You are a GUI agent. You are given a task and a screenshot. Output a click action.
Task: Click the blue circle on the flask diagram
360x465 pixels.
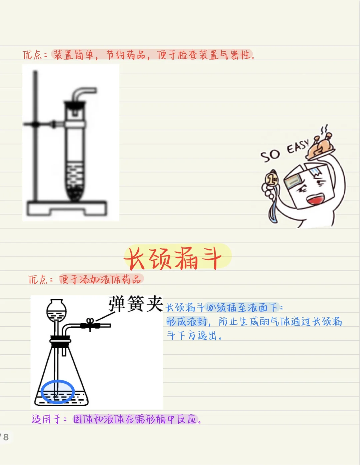point(58,392)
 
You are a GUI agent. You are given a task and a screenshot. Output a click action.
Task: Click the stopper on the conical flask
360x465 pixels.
point(60,340)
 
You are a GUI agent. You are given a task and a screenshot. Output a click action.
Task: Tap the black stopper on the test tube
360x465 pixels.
point(75,105)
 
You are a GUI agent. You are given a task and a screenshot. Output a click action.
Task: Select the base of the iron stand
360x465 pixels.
point(67,208)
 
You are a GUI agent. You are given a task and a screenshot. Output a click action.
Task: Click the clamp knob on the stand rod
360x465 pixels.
point(35,124)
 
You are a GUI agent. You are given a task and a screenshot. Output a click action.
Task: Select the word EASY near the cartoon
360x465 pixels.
point(298,146)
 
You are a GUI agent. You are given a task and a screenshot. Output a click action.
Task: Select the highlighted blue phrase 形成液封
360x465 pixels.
point(187,322)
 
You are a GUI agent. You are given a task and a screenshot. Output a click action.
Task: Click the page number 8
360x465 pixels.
point(6,437)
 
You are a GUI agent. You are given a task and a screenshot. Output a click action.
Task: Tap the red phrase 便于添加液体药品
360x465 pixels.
point(100,279)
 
